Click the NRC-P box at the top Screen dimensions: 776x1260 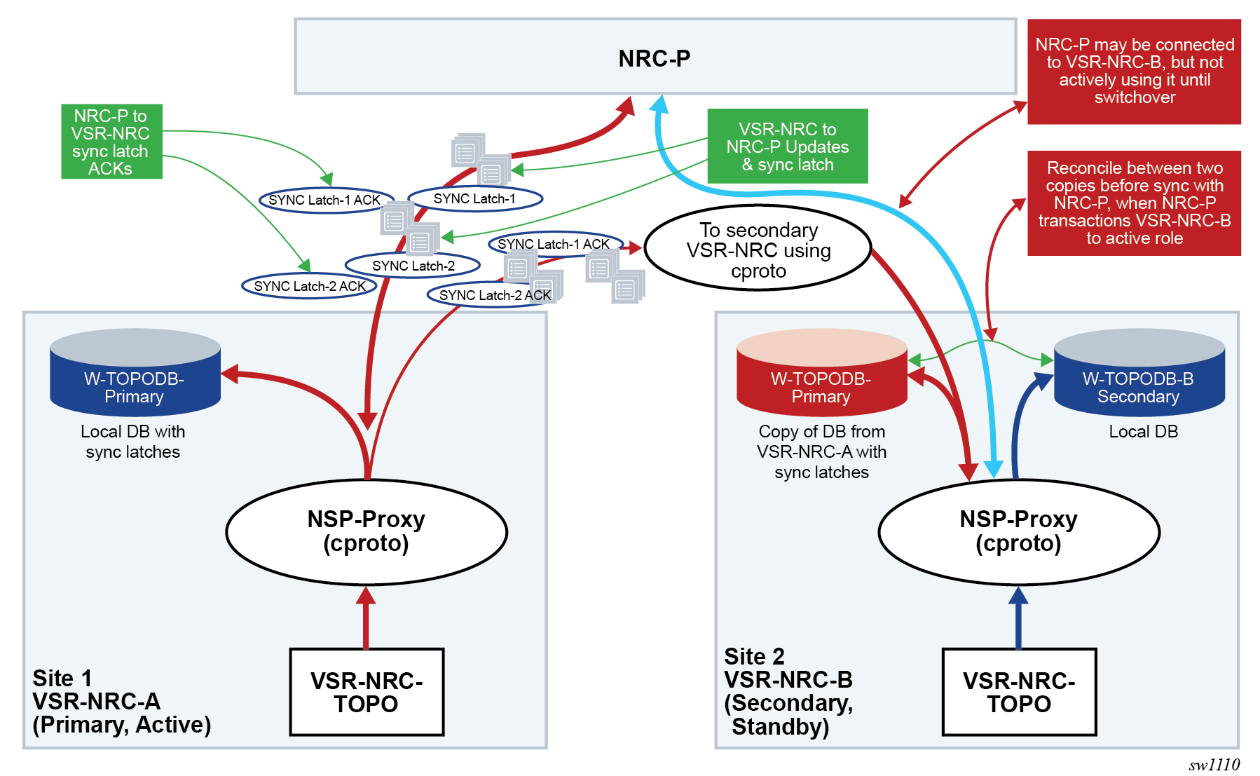coord(655,57)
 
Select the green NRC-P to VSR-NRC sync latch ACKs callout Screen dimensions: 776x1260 coord(111,142)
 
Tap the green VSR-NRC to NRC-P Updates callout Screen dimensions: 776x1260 coord(787,146)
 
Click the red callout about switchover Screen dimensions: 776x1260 coord(1133,72)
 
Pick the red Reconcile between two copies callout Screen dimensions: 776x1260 coord(1133,203)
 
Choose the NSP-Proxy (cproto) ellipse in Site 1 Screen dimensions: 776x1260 coord(366,532)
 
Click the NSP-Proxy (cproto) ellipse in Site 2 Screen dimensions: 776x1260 coord(1018,532)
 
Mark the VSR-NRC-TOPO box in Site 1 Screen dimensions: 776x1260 coord(367,692)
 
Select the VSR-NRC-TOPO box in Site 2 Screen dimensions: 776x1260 coord(1019,692)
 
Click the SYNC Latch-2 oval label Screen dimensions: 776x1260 coord(413,266)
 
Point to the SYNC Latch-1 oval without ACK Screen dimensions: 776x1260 coord(474,199)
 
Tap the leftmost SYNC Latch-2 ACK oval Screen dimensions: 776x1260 coord(309,286)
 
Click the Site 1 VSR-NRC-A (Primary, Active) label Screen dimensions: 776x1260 coord(121,701)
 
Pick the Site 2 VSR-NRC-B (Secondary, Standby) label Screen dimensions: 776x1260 coord(788,691)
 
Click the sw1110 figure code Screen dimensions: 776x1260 coord(1214,765)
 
